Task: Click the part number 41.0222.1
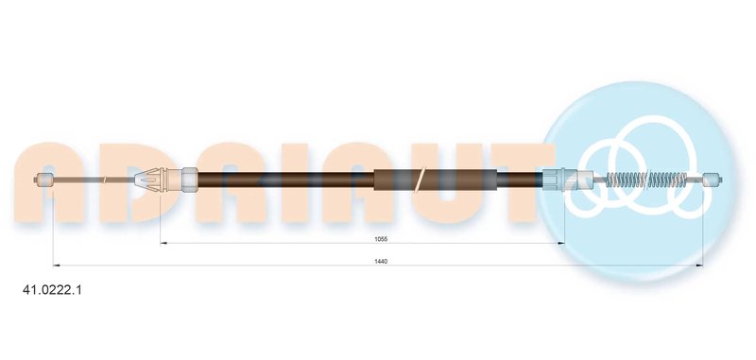tap(53, 290)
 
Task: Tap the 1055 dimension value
tap(382, 238)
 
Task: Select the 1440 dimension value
tap(381, 261)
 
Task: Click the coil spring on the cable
tap(646, 180)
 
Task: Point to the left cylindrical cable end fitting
tap(44, 180)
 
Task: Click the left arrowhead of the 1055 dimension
tap(163, 244)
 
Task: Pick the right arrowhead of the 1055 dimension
tap(561, 244)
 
